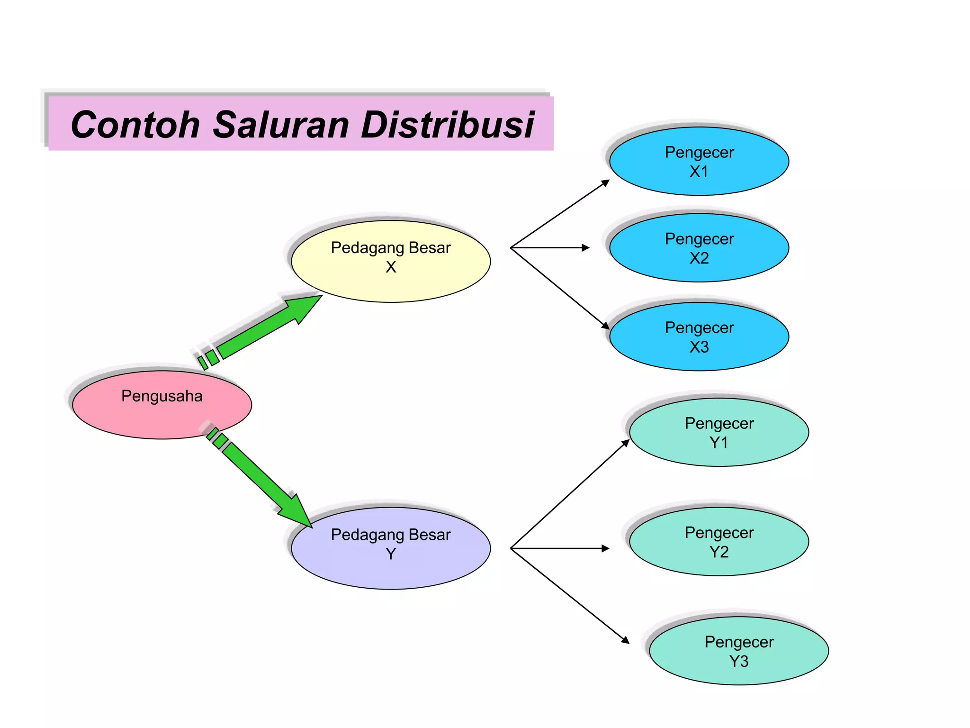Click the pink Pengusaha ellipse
pos(162,405)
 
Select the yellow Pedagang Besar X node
pos(391,261)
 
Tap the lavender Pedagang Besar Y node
pos(391,548)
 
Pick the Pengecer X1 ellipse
pos(699,161)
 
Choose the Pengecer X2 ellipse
pos(699,248)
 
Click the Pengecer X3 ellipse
pos(699,337)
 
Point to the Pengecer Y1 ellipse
pos(719,432)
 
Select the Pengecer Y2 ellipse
pos(719,542)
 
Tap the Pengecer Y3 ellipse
pos(739,651)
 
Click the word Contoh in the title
pos(135,125)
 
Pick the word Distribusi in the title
pos(448,125)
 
